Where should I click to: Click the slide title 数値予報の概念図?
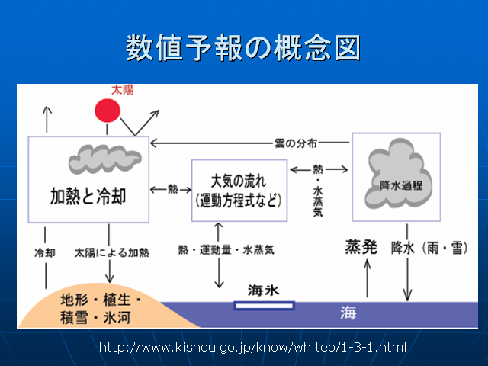(x=243, y=47)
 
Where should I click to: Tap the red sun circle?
(x=108, y=110)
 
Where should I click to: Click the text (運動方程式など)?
(x=239, y=201)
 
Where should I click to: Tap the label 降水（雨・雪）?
(x=428, y=248)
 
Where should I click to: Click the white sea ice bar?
(x=264, y=307)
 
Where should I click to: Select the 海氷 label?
(x=265, y=291)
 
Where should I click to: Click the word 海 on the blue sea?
(x=348, y=313)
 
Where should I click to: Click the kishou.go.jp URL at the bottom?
(x=252, y=347)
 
